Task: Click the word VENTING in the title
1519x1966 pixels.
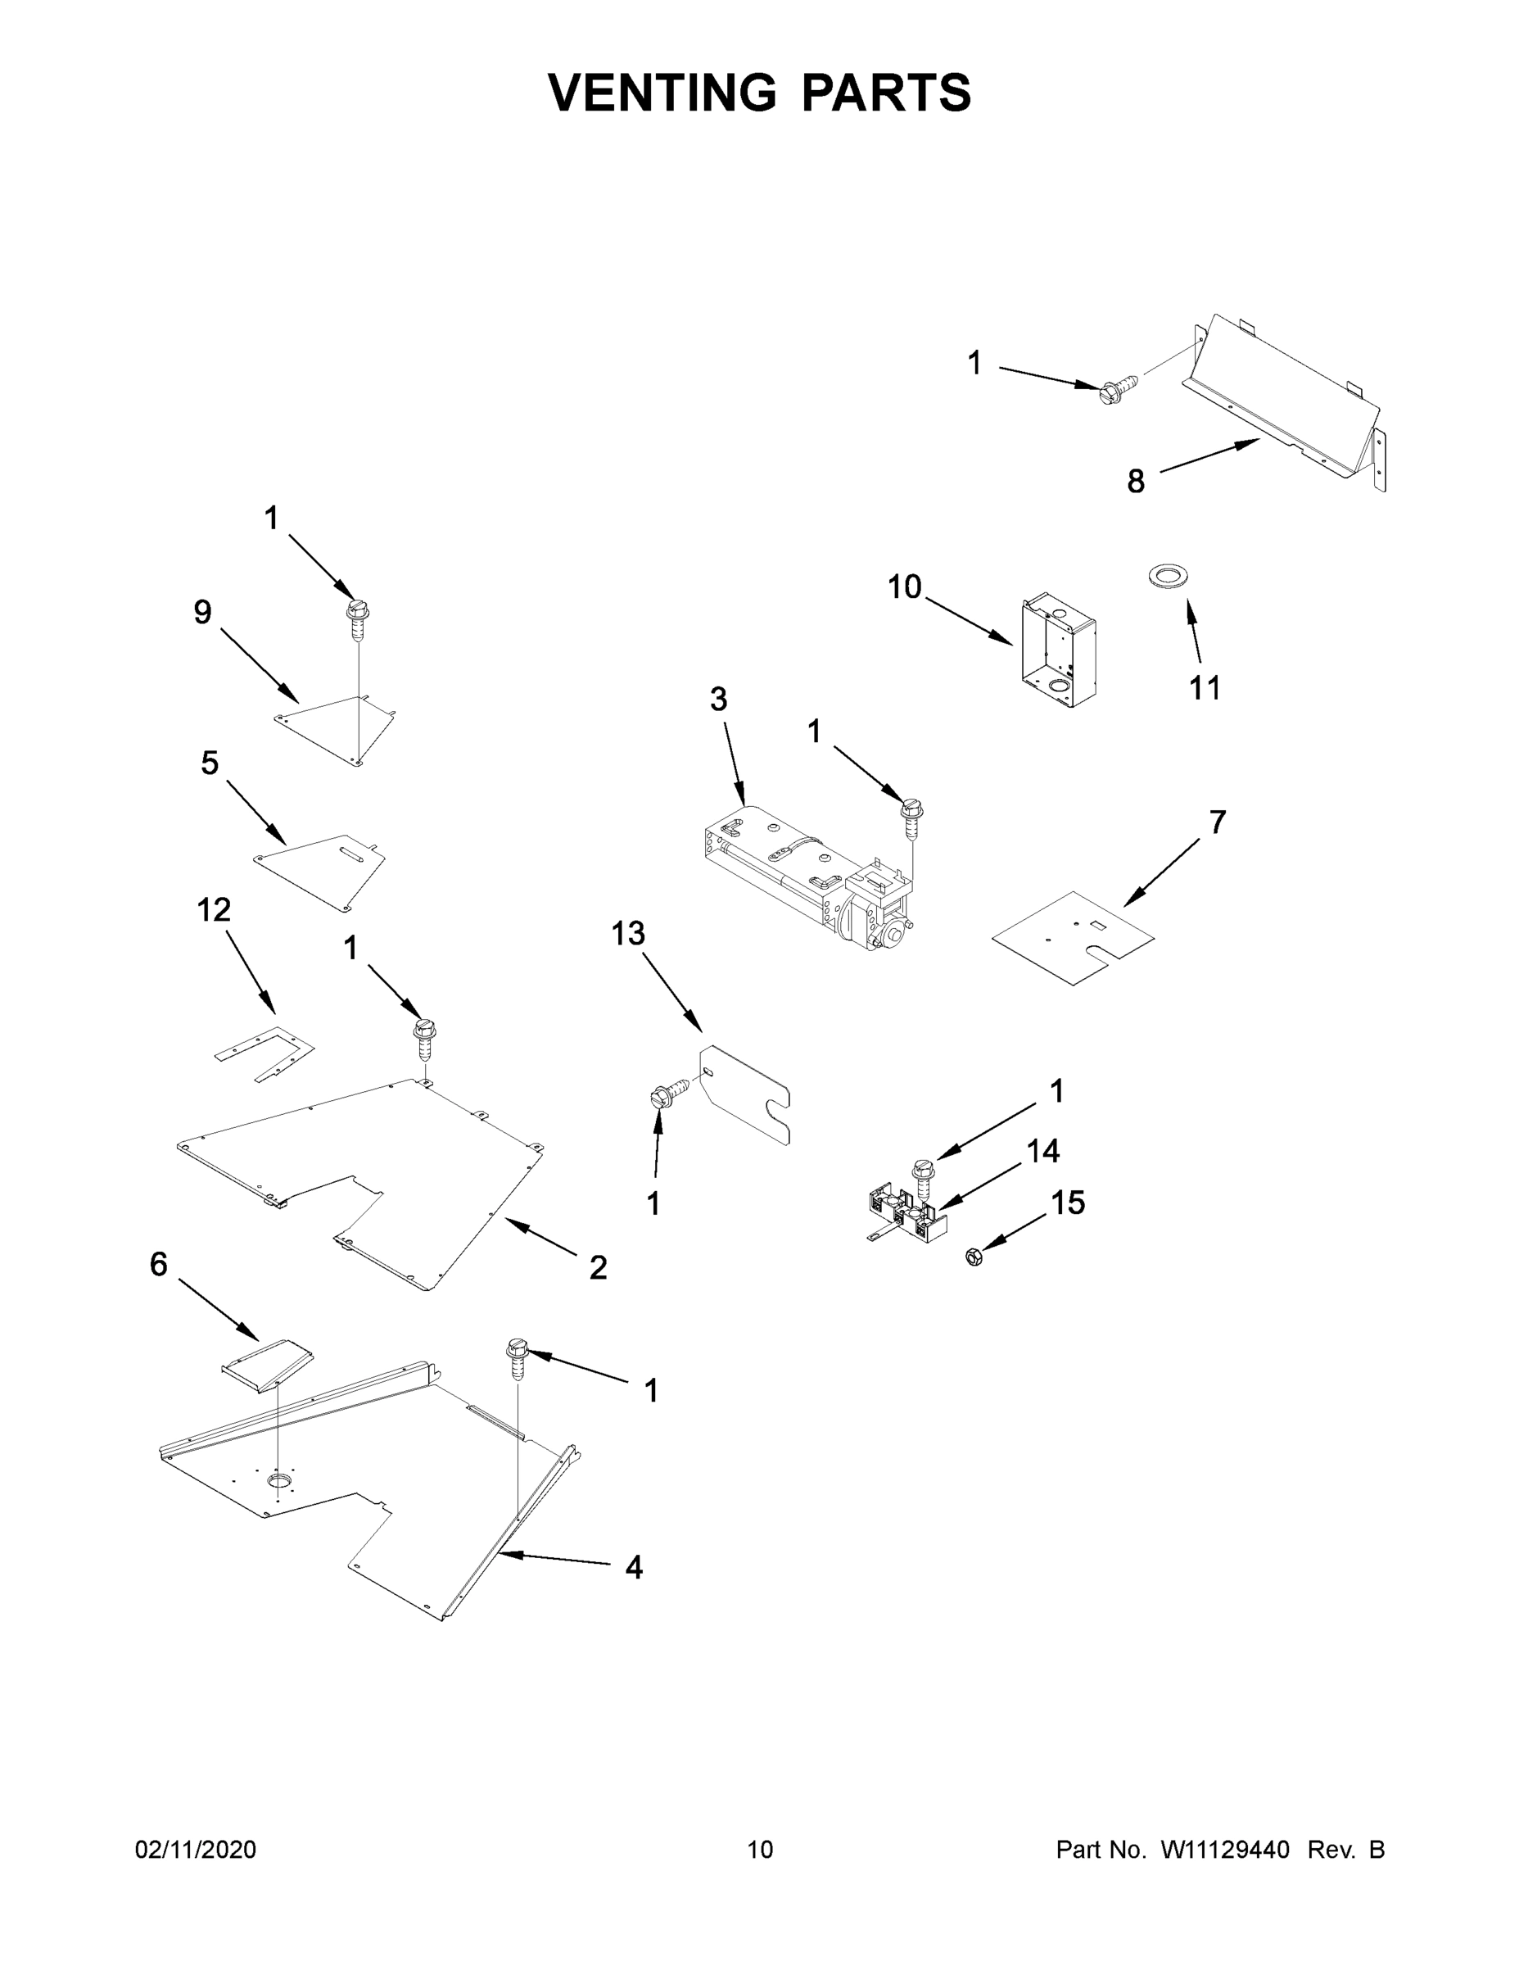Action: click(662, 92)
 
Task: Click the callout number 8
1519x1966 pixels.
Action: click(1136, 482)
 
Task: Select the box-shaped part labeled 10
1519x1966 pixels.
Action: click(1058, 650)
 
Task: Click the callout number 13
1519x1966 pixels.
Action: click(628, 934)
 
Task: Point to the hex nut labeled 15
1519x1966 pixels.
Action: click(973, 1257)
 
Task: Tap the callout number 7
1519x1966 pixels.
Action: click(1217, 822)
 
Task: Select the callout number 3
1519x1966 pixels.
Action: click(718, 699)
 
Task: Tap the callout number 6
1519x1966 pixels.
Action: click(158, 1264)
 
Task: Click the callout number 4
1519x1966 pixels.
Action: click(634, 1567)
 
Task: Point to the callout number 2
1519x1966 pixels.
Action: click(598, 1267)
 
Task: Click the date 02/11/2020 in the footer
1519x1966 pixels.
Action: click(195, 1849)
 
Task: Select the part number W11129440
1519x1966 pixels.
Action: click(1225, 1849)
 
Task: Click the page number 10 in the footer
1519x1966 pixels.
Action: click(760, 1849)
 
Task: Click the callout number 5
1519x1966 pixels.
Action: click(209, 763)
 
